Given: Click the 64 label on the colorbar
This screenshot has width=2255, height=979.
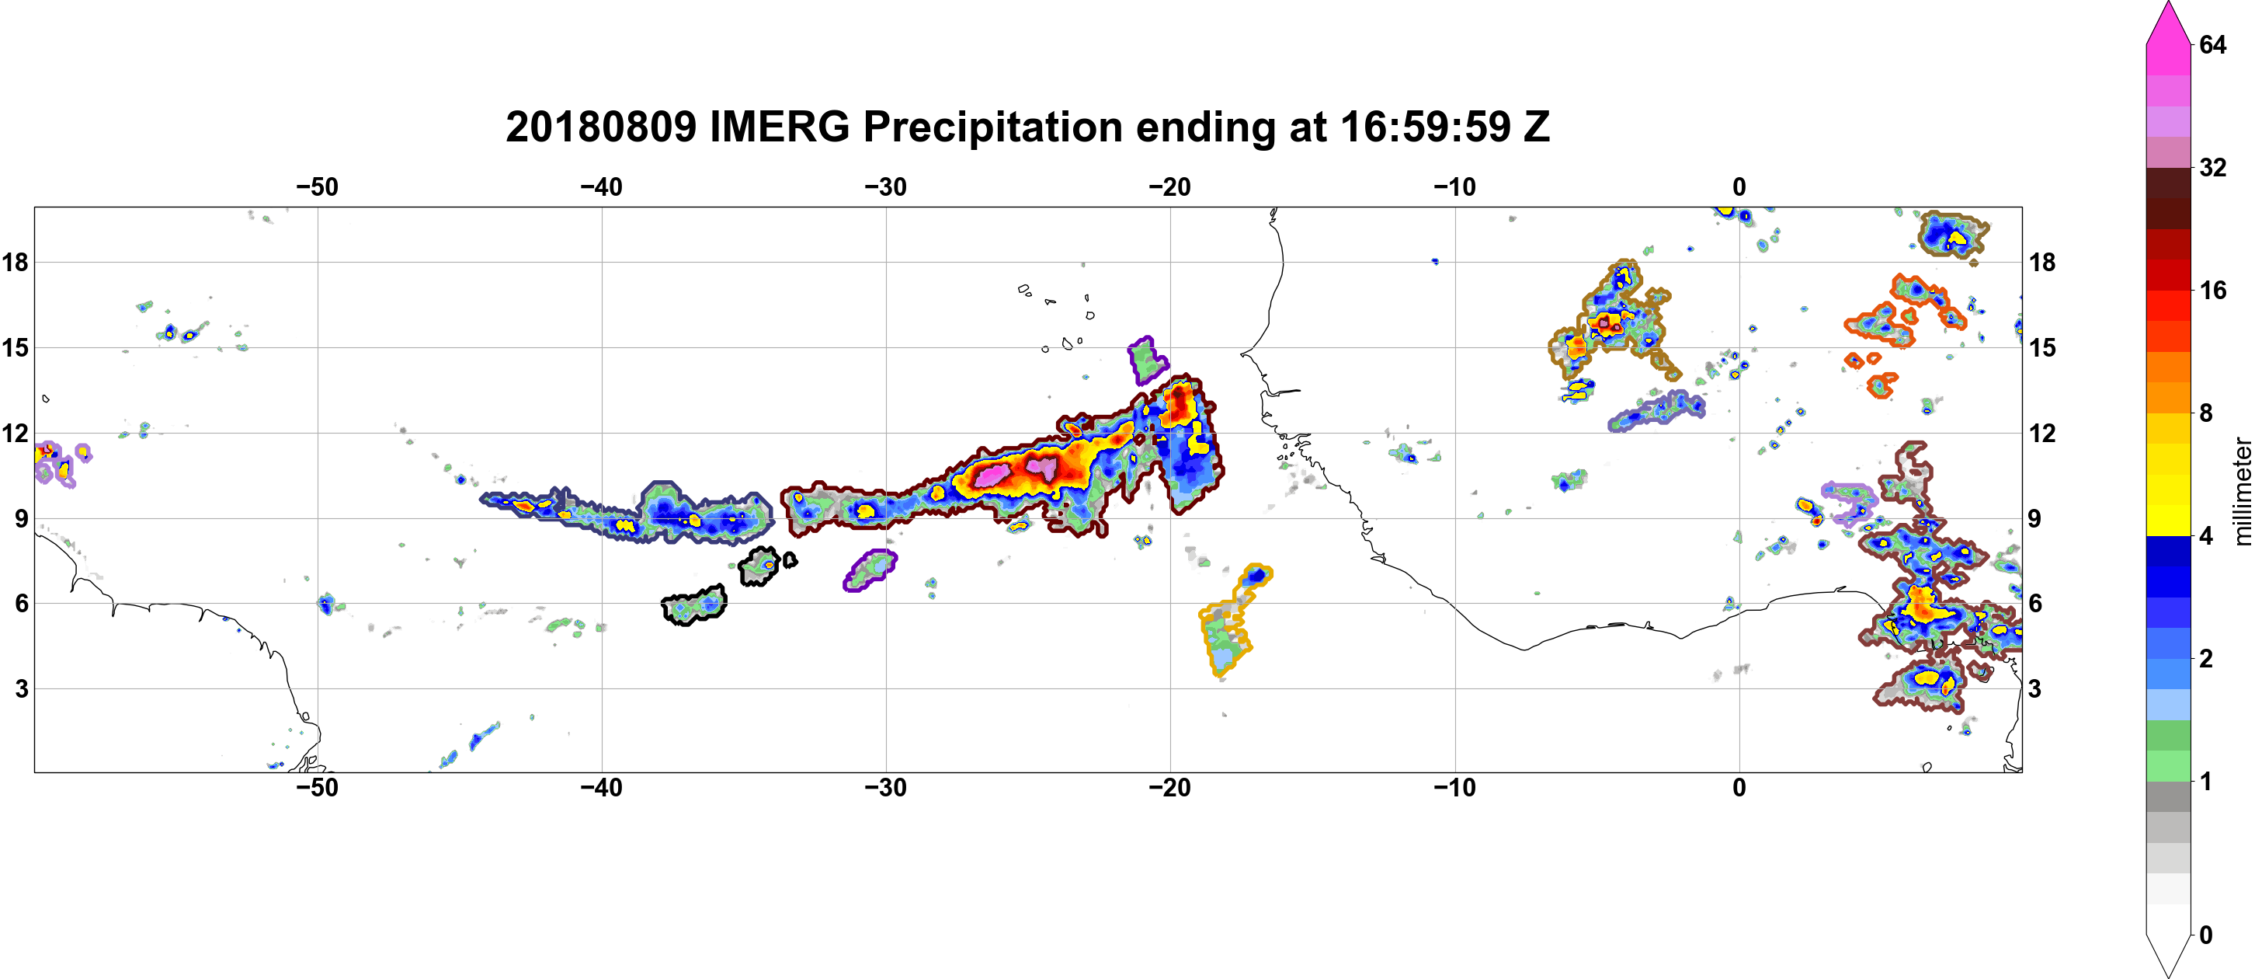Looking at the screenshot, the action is pyautogui.click(x=2212, y=44).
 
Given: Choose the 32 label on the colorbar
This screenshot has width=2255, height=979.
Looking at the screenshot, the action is pyautogui.click(x=2212, y=167).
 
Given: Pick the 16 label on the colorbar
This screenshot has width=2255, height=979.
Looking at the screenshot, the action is pyautogui.click(x=2212, y=291).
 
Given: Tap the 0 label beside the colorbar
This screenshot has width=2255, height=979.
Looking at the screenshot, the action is pyautogui.click(x=2205, y=935).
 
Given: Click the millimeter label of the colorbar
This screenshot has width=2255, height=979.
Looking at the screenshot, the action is pyautogui.click(x=2242, y=492).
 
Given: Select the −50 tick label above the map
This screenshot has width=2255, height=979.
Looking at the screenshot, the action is pyautogui.click(x=317, y=187).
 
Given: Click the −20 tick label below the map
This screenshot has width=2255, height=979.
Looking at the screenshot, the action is pyautogui.click(x=1170, y=788).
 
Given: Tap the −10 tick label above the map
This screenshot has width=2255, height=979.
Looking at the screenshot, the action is pyautogui.click(x=1455, y=187).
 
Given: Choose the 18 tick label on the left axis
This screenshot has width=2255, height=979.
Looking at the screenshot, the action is pyautogui.click(x=15, y=262).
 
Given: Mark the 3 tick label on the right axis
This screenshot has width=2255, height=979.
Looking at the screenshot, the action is pyautogui.click(x=2034, y=689).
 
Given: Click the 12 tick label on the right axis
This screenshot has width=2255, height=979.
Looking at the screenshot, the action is pyautogui.click(x=2041, y=434).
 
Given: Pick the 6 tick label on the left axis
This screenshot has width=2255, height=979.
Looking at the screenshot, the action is pyautogui.click(x=22, y=604).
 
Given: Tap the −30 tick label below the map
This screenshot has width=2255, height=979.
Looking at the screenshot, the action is pyautogui.click(x=886, y=788).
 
